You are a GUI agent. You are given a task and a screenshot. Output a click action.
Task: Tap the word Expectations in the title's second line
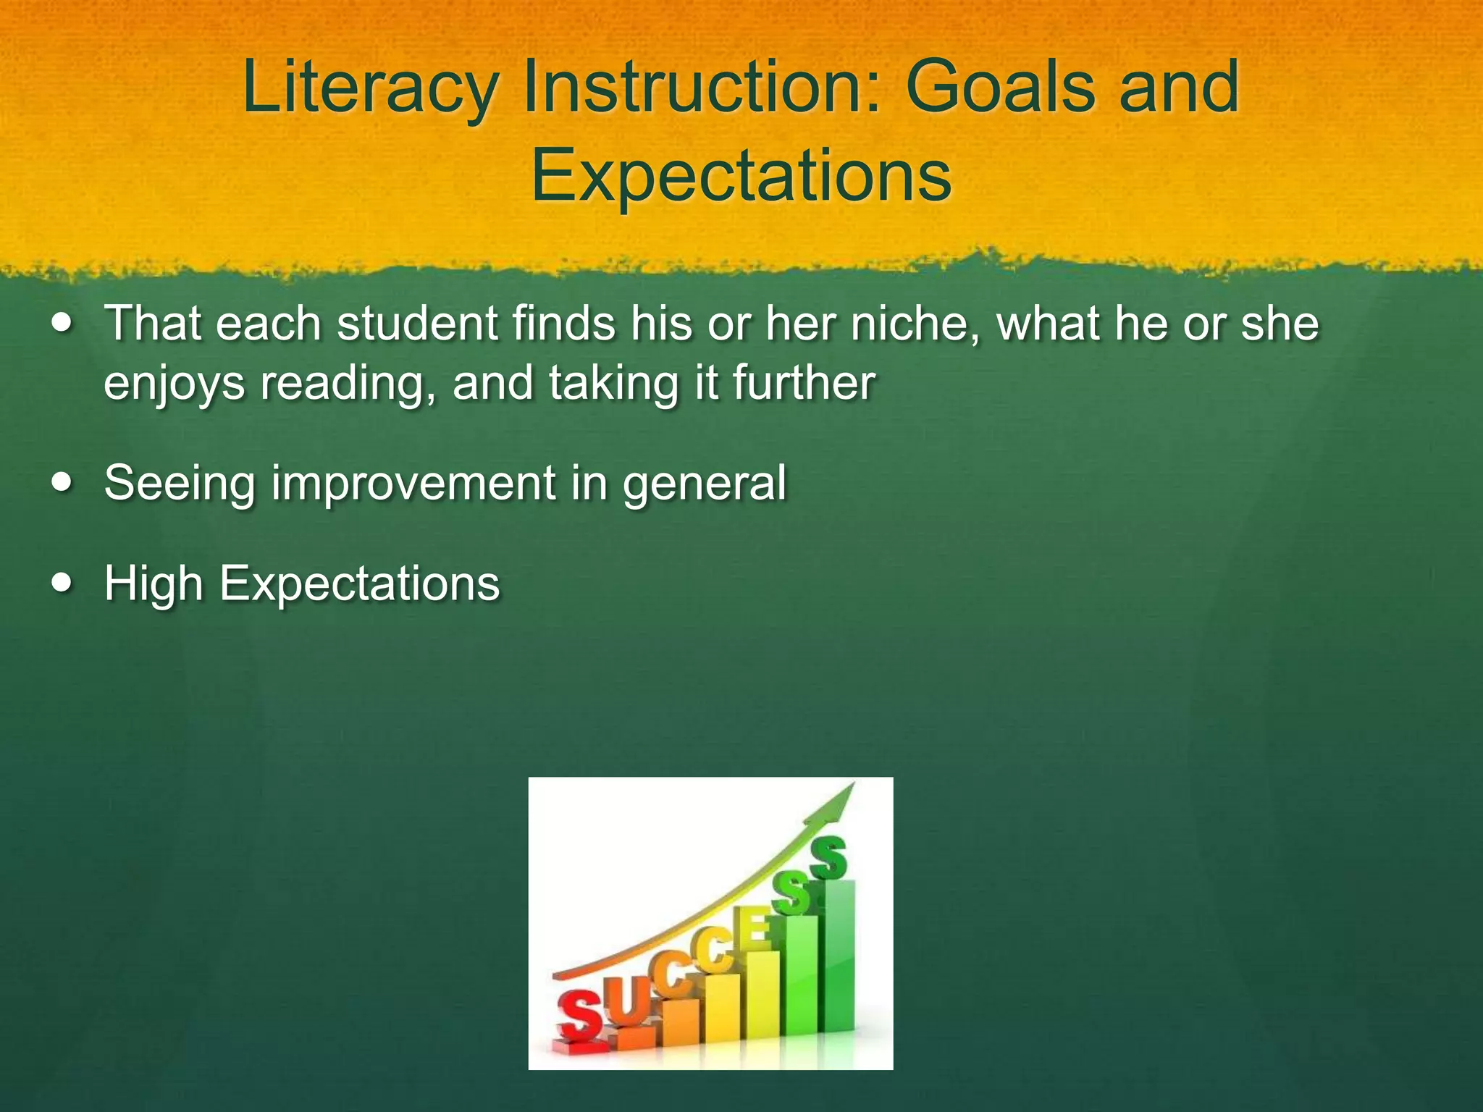coord(741,176)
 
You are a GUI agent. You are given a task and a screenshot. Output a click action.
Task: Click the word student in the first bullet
coord(417,323)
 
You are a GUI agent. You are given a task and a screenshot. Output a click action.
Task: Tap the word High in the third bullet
coord(153,584)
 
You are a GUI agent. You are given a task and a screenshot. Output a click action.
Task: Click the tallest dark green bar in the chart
coord(839,956)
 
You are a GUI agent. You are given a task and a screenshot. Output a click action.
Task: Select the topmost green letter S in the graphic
coord(828,858)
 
